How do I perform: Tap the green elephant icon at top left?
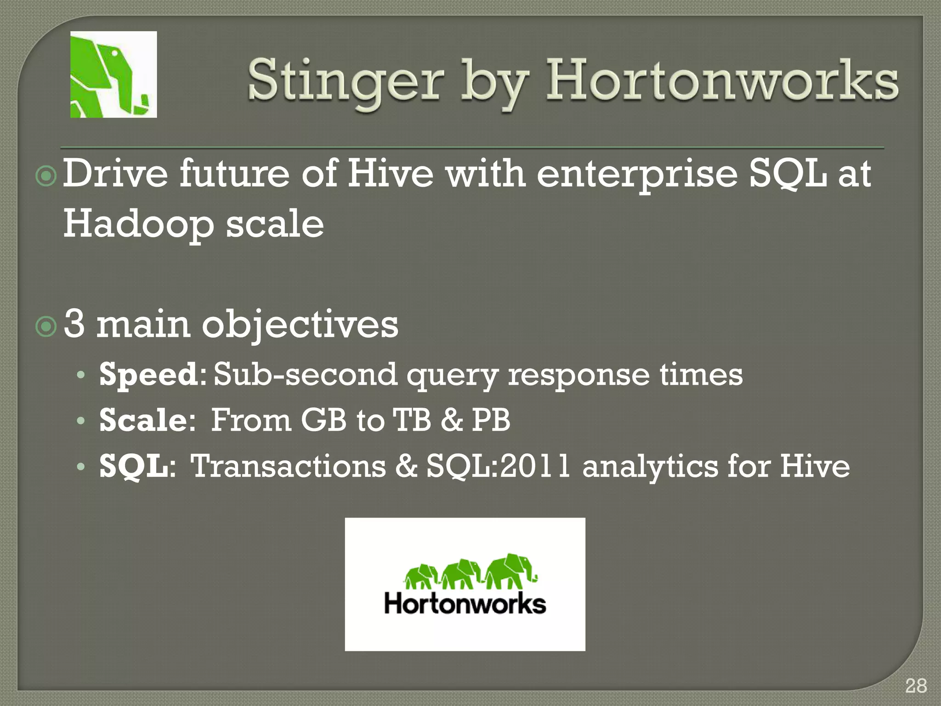click(113, 74)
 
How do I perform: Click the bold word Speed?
click(148, 374)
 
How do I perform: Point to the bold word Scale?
click(143, 420)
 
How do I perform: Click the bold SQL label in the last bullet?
click(133, 467)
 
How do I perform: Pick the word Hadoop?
click(138, 224)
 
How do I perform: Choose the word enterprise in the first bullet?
click(637, 175)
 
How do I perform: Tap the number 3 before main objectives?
click(74, 324)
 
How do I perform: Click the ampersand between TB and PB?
click(451, 420)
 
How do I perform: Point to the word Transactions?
click(288, 467)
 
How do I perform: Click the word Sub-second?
click(305, 374)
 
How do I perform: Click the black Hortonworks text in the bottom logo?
click(465, 604)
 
